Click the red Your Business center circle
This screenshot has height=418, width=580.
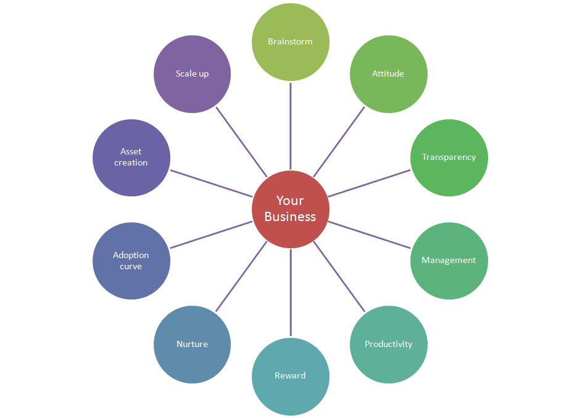pyautogui.click(x=290, y=209)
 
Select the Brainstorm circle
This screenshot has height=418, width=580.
pyautogui.click(x=290, y=41)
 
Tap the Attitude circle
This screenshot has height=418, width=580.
pyautogui.click(x=388, y=73)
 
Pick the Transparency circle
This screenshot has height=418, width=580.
pyautogui.click(x=449, y=157)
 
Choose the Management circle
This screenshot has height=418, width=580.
pyautogui.click(x=449, y=260)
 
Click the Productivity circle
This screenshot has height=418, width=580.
pyautogui.click(x=388, y=344)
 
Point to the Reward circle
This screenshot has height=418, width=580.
pyautogui.click(x=290, y=375)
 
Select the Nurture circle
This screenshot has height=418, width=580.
pyautogui.click(x=192, y=344)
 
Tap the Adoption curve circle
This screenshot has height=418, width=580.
pyautogui.click(x=131, y=261)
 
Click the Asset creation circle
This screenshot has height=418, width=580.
pyautogui.click(x=131, y=157)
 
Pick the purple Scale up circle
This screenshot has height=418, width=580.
pyautogui.click(x=192, y=73)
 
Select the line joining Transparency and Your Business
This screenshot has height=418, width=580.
pyautogui.click(x=369, y=183)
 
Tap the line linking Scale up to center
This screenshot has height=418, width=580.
pyautogui.click(x=241, y=141)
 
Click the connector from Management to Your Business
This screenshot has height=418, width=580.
pyautogui.click(x=369, y=235)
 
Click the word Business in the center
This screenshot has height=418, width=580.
pyautogui.click(x=290, y=217)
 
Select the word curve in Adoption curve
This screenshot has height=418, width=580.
pyautogui.click(x=131, y=267)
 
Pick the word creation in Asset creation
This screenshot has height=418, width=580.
pyautogui.click(x=131, y=163)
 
